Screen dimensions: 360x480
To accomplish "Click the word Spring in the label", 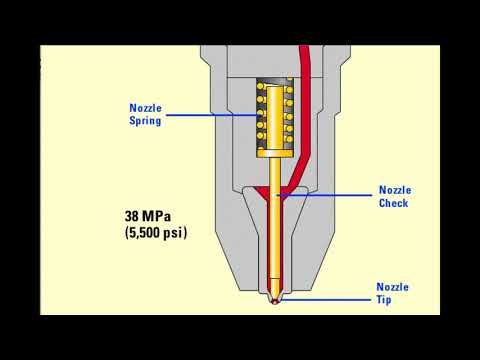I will [x=146, y=121].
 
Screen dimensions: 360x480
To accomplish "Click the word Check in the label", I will [x=393, y=203].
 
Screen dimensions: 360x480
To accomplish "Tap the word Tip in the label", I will [x=392, y=299].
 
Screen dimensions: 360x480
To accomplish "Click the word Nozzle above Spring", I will [x=146, y=108].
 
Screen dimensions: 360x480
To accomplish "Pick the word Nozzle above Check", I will [x=393, y=189].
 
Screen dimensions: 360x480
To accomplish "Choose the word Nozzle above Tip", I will [x=392, y=286].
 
